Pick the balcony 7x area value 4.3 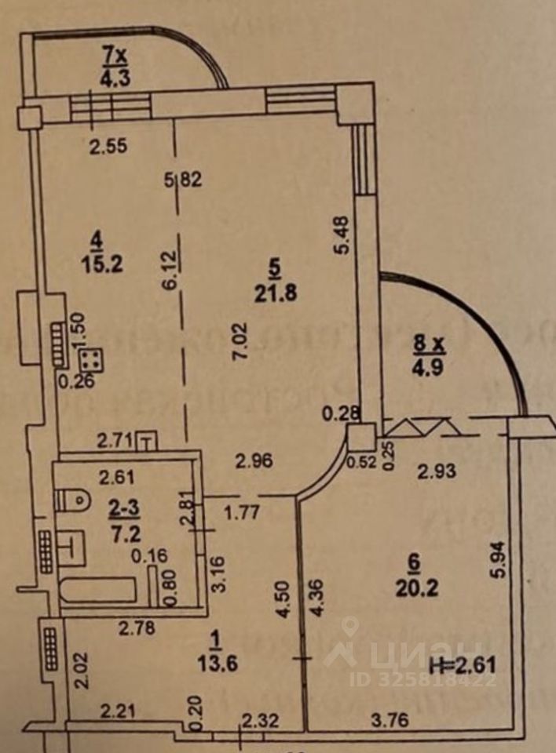point(115,78)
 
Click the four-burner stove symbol point(91,360)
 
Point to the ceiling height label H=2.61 point(465,667)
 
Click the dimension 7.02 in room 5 point(240,341)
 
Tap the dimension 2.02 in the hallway point(79,671)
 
